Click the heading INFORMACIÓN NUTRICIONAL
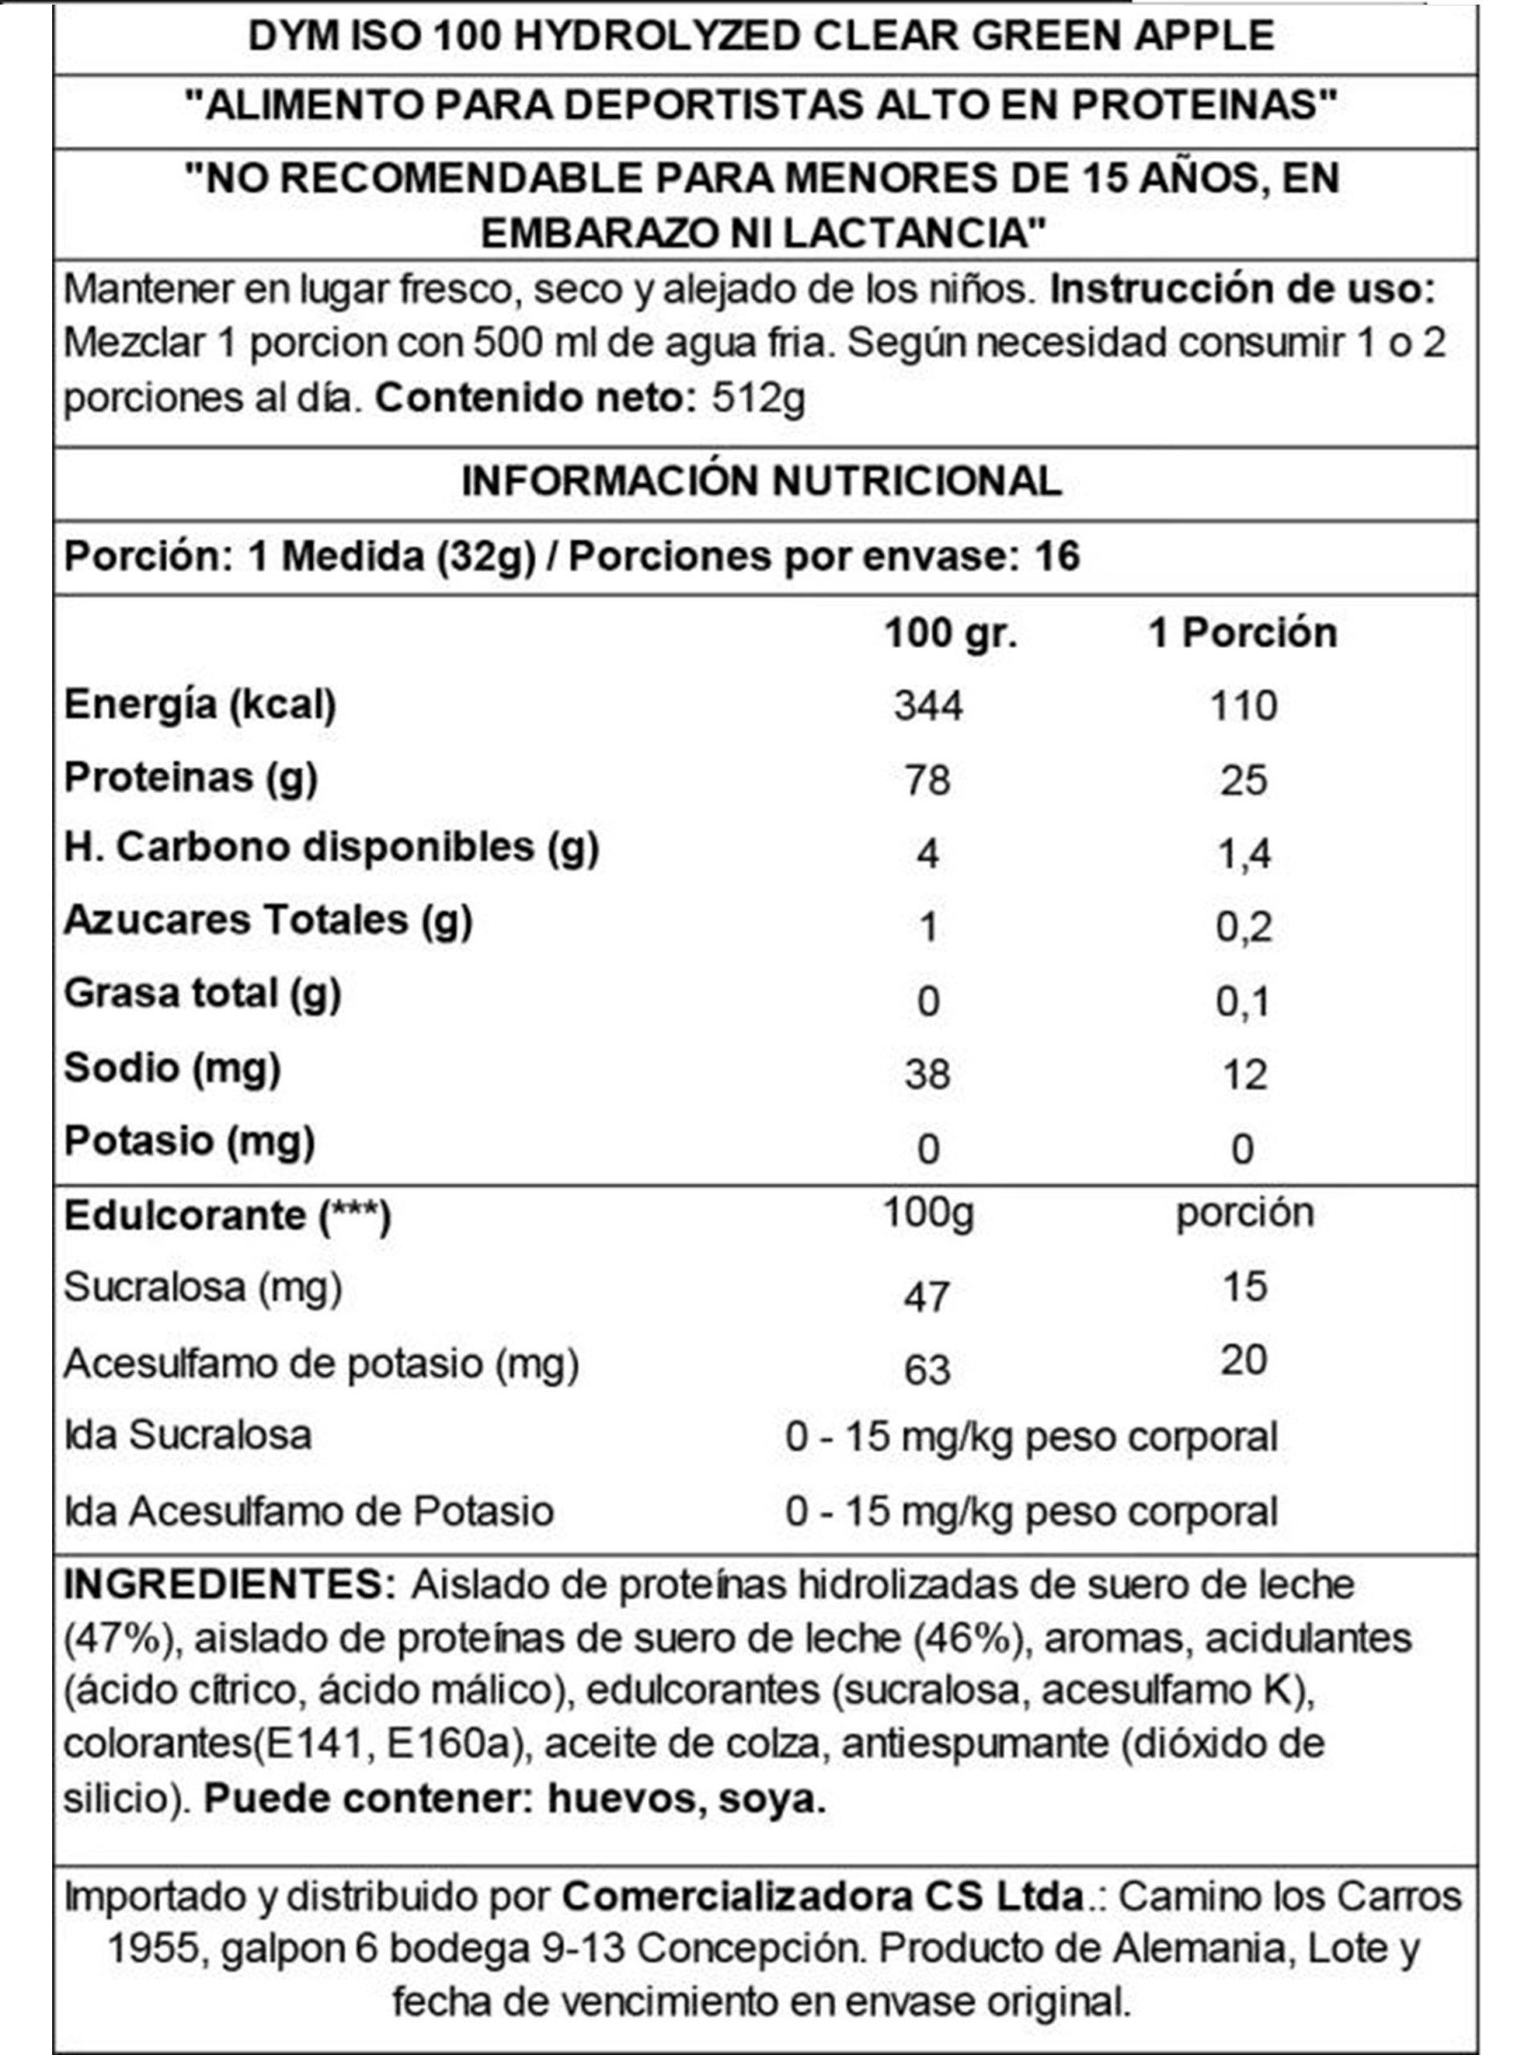(762, 482)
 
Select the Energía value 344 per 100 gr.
(928, 706)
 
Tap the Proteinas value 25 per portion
(1243, 780)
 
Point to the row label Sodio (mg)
(173, 1068)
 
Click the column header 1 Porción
(1243, 633)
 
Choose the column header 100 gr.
(951, 633)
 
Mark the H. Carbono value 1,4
(1243, 853)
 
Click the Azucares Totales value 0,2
(1243, 927)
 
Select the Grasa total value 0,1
(1243, 1002)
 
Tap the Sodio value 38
(928, 1075)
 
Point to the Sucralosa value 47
(928, 1296)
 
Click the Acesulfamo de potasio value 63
(928, 1370)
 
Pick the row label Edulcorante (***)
(228, 1216)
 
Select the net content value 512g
(758, 398)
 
